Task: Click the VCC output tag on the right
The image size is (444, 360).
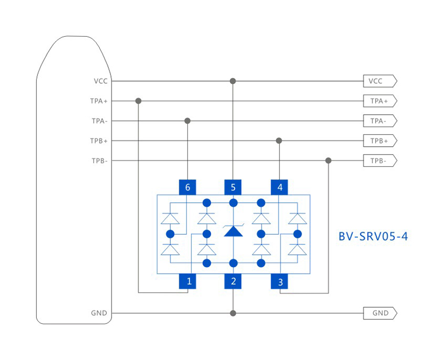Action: coord(379,81)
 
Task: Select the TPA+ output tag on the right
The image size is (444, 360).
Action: coord(379,101)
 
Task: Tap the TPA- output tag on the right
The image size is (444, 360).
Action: coord(379,121)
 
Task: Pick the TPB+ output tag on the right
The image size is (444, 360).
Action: coord(379,141)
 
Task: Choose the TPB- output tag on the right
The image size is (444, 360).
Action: coord(379,161)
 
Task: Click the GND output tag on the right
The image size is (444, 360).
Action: coord(379,313)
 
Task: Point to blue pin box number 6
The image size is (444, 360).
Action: coord(187,187)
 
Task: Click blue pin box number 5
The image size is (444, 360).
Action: coord(233,187)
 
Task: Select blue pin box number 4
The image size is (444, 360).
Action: coord(279,187)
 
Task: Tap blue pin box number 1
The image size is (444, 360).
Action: coord(187,281)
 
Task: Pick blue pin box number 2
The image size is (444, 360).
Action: coord(233,281)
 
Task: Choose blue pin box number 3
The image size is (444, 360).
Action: coord(279,281)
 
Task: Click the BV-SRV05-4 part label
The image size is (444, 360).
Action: coord(373,236)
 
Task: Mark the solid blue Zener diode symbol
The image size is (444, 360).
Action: coord(233,231)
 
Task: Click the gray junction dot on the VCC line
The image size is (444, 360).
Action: coord(233,81)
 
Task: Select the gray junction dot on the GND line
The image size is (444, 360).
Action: coord(233,313)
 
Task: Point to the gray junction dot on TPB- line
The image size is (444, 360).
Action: coord(328,161)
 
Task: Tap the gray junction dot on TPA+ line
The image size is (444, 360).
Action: coord(139,101)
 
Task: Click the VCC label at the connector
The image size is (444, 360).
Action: coord(100,81)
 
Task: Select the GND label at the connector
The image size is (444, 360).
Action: coord(99,313)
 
